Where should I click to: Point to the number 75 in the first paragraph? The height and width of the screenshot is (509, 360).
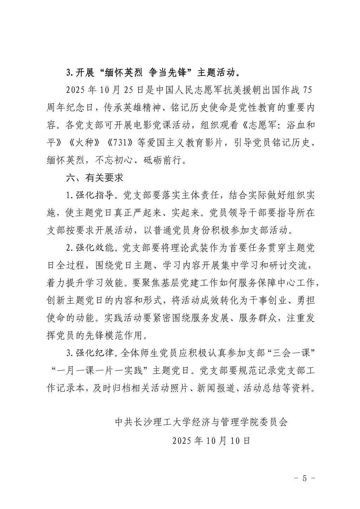click(x=307, y=90)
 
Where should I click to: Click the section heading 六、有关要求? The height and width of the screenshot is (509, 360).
click(x=95, y=178)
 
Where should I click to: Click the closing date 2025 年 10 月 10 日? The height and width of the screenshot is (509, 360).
click(x=211, y=440)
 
